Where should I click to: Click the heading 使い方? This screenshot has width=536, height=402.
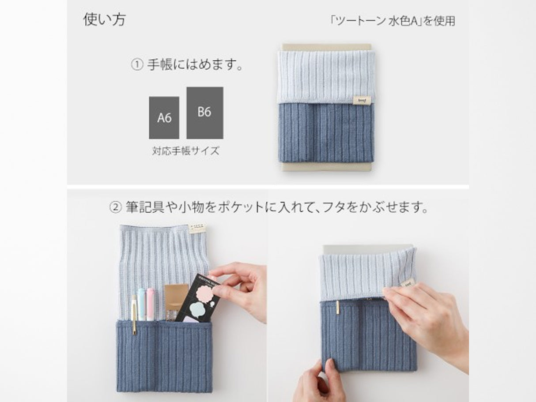[104, 20]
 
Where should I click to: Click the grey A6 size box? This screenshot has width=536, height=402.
[164, 118]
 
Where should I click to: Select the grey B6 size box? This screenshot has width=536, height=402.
[204, 113]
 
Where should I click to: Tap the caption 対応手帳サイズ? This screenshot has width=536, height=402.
[185, 151]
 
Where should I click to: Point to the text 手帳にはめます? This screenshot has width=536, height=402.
[196, 66]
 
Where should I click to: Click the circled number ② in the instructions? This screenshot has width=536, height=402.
[115, 207]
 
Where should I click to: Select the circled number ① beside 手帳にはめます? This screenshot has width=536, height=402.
[137, 66]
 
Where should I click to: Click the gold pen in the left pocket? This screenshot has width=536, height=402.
[134, 313]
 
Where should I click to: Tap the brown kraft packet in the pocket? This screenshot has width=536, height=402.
[176, 300]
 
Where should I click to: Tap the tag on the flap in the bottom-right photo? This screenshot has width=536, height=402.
[407, 283]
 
